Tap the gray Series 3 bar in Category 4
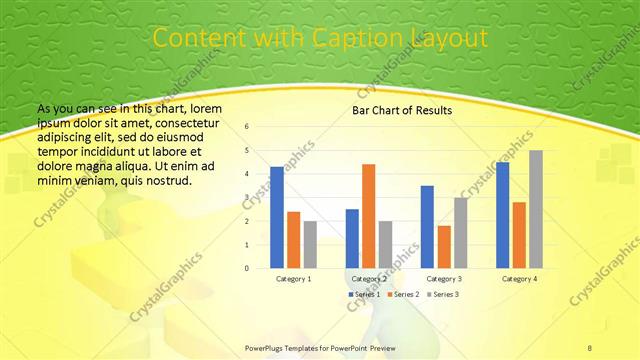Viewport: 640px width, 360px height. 536,209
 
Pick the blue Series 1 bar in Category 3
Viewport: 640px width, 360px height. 427,227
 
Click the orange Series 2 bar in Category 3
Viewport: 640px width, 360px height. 444,247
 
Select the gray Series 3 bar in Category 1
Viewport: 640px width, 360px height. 310,244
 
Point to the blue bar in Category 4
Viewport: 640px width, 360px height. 502,215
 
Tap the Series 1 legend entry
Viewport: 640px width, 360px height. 364,295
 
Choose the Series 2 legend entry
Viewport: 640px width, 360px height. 402,295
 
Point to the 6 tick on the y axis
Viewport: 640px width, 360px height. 247,127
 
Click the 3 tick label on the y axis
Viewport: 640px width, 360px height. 247,197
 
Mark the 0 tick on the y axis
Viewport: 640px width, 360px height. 247,268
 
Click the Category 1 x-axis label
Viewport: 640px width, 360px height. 293,279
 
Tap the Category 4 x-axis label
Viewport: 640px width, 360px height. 519,279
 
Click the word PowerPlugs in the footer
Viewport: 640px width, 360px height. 267,347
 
